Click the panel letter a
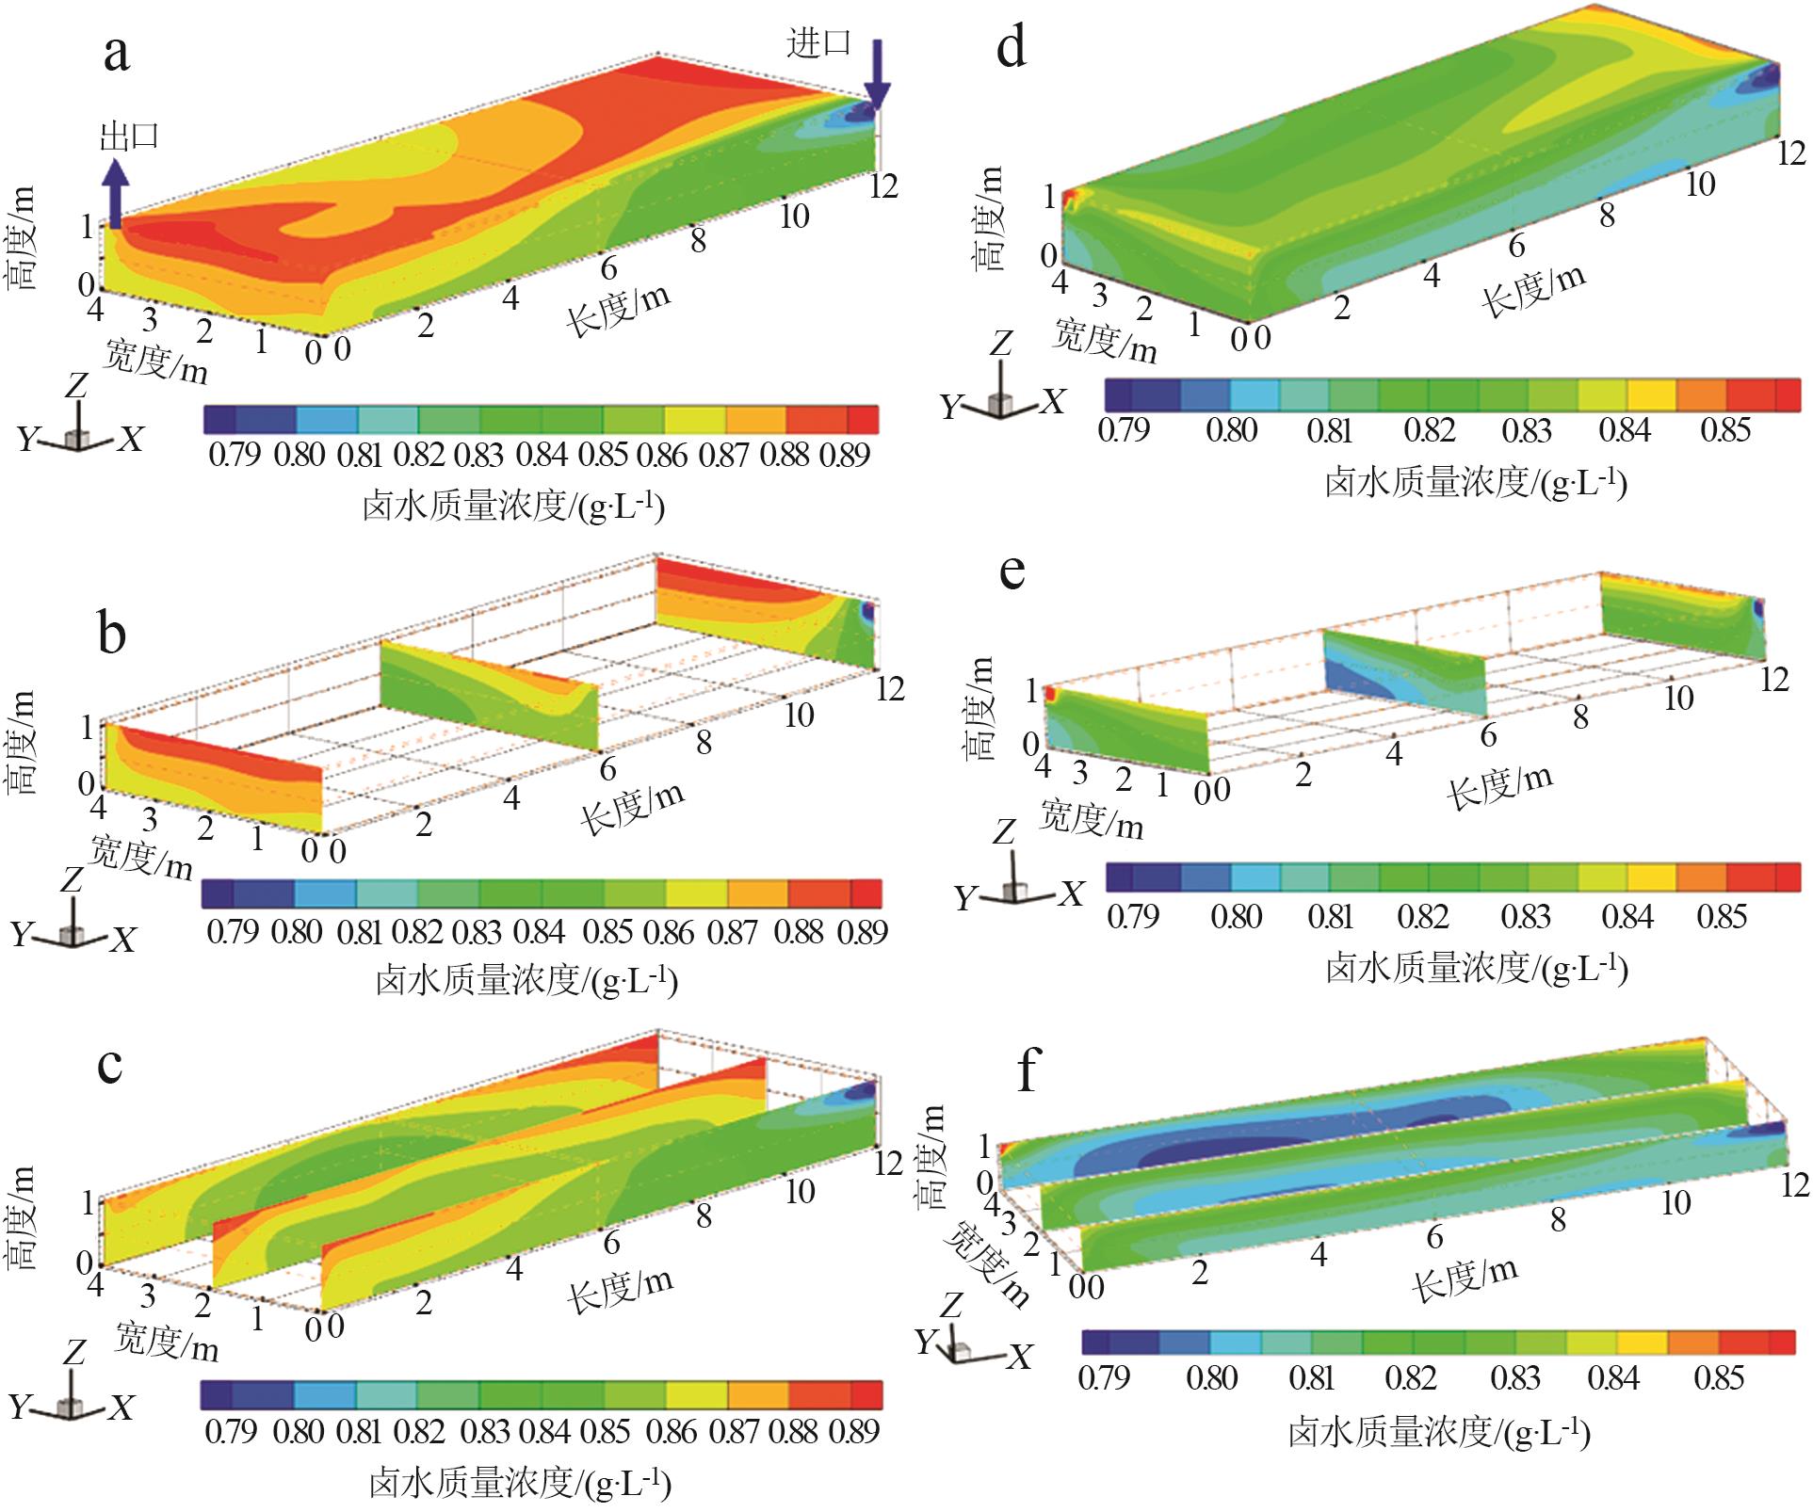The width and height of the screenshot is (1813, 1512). pyautogui.click(x=117, y=54)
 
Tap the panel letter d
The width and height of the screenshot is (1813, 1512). pyautogui.click(x=1011, y=47)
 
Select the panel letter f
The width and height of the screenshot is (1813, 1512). pyautogui.click(x=1027, y=1071)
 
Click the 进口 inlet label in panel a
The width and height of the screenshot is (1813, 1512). pyautogui.click(x=818, y=42)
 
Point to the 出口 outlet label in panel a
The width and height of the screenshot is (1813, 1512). pyautogui.click(x=130, y=137)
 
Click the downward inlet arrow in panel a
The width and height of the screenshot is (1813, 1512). pyautogui.click(x=877, y=75)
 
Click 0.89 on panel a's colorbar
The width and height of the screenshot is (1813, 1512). pyautogui.click(x=844, y=455)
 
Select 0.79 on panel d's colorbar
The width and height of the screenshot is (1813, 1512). pyautogui.click(x=1124, y=430)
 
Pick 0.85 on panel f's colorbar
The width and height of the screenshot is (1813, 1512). pyautogui.click(x=1719, y=1377)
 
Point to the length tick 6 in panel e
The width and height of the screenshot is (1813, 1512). pyautogui.click(x=1488, y=735)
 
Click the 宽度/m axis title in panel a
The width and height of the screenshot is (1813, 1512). pyautogui.click(x=155, y=361)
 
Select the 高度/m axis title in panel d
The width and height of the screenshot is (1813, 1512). pyautogui.click(x=988, y=218)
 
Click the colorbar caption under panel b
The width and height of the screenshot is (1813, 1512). pyautogui.click(x=526, y=981)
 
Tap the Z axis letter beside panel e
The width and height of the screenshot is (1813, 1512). pyautogui.click(x=1005, y=832)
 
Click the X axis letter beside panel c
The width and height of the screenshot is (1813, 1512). pyautogui.click(x=121, y=1407)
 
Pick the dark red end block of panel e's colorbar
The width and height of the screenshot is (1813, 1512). pyautogui.click(x=1788, y=877)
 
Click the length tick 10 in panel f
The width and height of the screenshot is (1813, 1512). pyautogui.click(x=1675, y=1202)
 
